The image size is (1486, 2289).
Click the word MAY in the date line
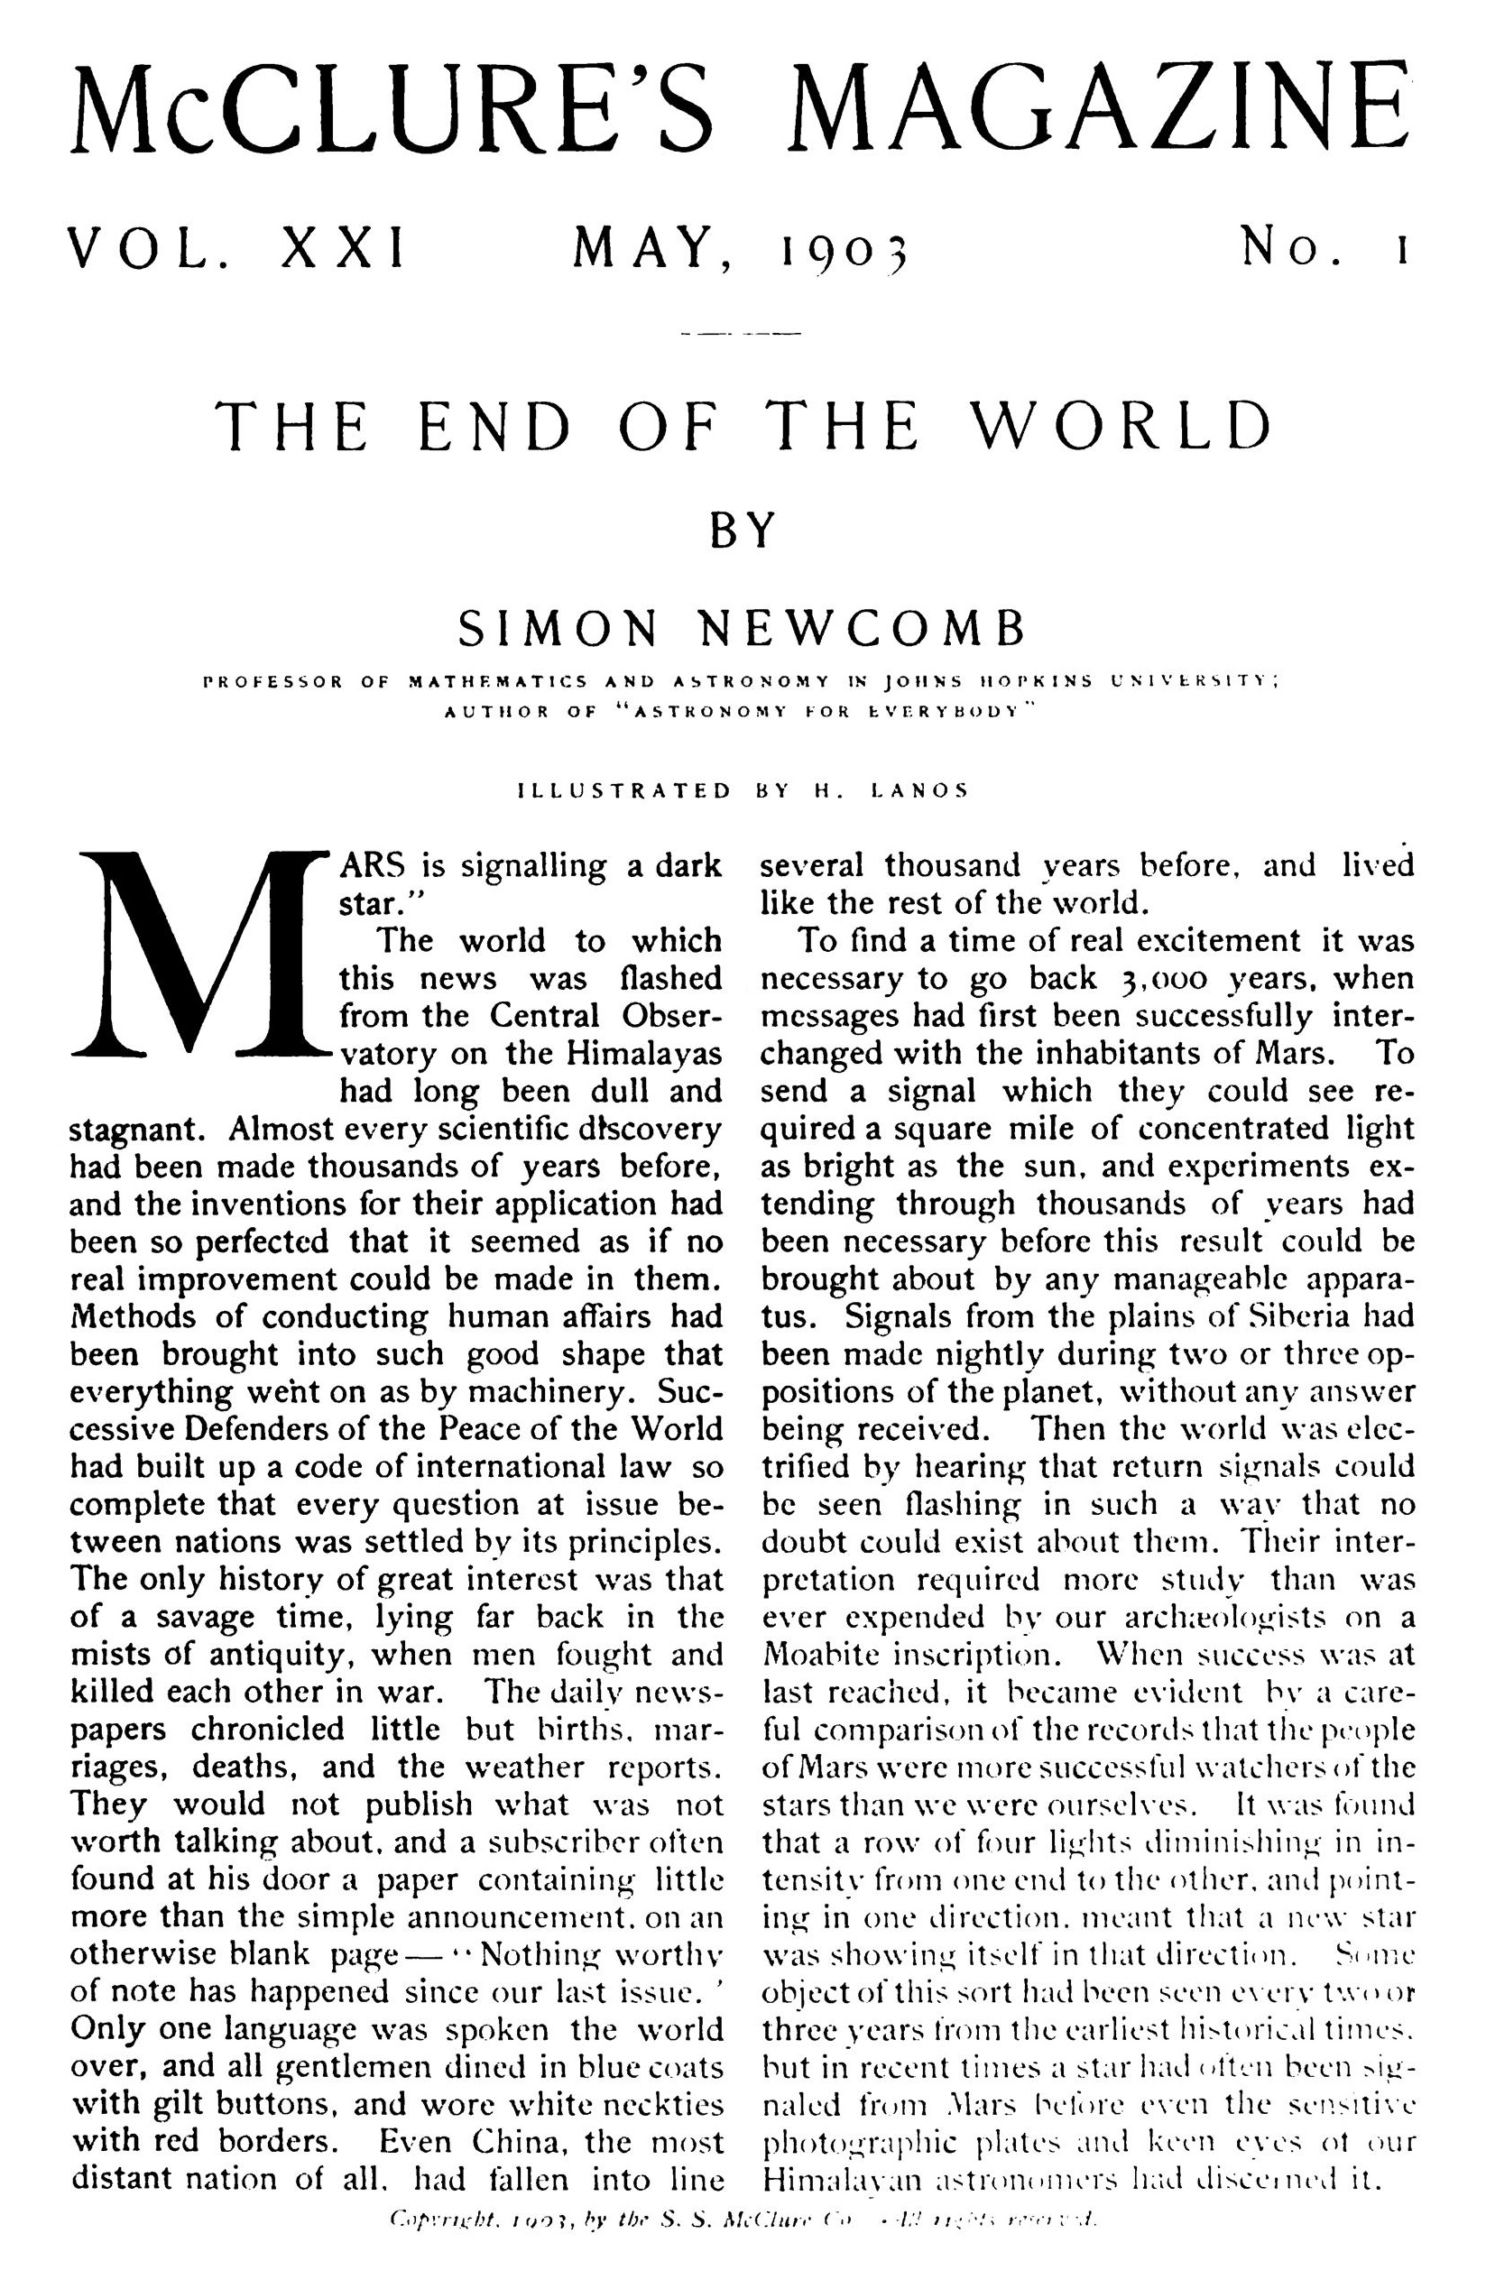[x=645, y=247]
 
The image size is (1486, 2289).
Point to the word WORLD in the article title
[x=1120, y=425]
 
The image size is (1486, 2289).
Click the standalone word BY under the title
[x=742, y=529]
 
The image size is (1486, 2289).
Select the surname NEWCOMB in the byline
[x=861, y=630]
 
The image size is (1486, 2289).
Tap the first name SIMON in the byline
[x=558, y=630]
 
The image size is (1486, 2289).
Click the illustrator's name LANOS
[x=918, y=790]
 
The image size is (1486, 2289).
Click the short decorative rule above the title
[x=740, y=335]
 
